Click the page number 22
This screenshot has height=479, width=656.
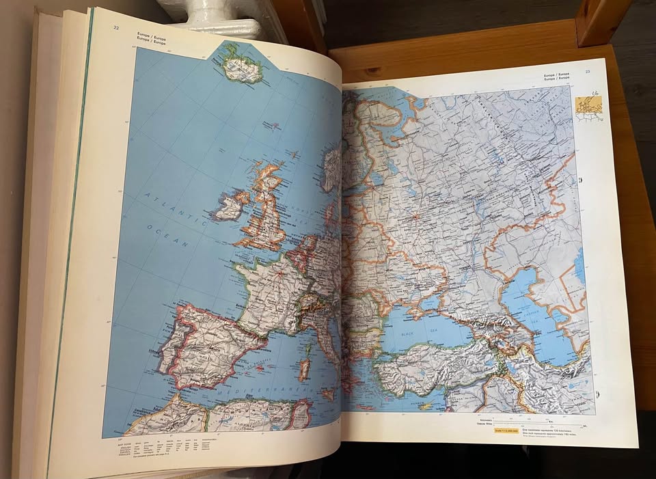tap(117, 27)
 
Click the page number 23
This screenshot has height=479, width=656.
tap(587, 72)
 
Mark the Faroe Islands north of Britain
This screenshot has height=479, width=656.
tap(273, 126)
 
